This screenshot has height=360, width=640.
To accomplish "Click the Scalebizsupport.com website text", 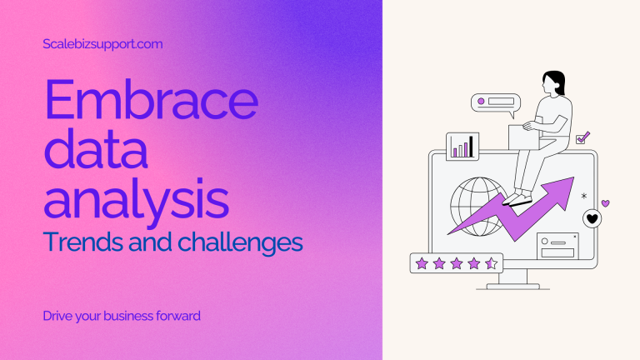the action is pyautogui.click(x=102, y=44).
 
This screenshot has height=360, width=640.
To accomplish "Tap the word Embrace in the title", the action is pyautogui.click(x=151, y=99).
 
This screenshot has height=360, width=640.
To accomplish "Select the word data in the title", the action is pyautogui.click(x=96, y=148).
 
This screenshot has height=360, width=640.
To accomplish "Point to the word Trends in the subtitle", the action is pyautogui.click(x=83, y=242).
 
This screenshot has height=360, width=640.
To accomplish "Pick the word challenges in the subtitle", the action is pyautogui.click(x=240, y=242).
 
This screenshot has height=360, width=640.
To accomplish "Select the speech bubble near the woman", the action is pyautogui.click(x=496, y=103).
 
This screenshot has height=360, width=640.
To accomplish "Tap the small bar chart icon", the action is pyautogui.click(x=462, y=147).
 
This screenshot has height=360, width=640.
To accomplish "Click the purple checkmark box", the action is pyautogui.click(x=582, y=137).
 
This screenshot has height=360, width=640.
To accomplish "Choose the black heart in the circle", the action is pyautogui.click(x=592, y=219).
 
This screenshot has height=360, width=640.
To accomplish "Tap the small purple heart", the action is pyautogui.click(x=606, y=202).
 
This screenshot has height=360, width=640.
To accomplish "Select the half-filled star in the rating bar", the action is pyautogui.click(x=492, y=263).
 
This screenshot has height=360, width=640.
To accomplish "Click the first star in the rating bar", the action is pyautogui.click(x=422, y=263).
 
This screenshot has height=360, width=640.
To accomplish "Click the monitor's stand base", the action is pyautogui.click(x=513, y=287).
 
